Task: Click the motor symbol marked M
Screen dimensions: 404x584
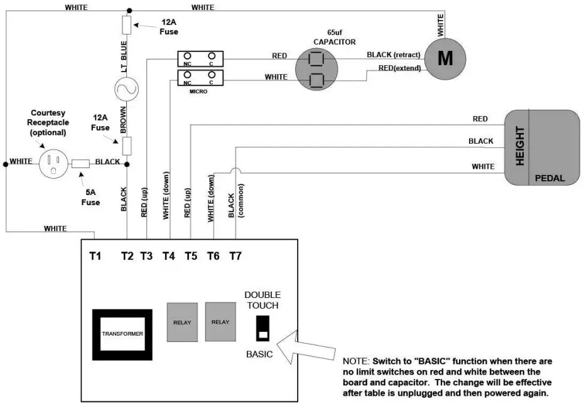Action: [445, 58]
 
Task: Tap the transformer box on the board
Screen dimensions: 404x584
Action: [122, 333]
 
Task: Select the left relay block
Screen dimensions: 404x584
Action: [182, 322]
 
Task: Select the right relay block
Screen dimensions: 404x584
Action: [220, 322]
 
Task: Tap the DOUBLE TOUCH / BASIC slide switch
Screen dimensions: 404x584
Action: [262, 329]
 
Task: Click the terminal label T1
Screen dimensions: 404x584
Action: [95, 256]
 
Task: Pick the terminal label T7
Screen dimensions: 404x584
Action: [235, 256]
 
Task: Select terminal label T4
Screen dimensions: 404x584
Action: [168, 256]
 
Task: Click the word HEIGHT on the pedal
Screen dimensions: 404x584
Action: [519, 147]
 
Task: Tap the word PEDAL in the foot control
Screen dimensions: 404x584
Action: [549, 178]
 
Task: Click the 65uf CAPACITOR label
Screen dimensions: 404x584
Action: [334, 38]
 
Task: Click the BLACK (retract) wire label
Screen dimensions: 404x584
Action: [394, 55]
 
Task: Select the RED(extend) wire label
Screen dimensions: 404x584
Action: [399, 68]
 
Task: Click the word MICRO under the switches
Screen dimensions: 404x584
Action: [198, 92]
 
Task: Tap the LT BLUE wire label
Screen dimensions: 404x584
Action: [124, 56]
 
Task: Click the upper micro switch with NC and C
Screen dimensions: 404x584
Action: [200, 58]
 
